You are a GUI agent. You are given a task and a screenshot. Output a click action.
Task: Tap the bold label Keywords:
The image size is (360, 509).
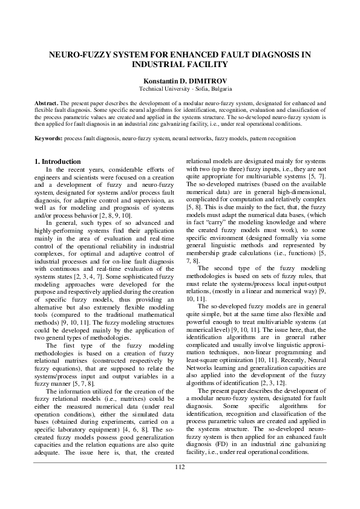point(48,138)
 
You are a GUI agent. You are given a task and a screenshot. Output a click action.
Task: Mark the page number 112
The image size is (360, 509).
point(180,466)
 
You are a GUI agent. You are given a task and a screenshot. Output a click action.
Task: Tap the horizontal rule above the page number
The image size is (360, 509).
point(180,461)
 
